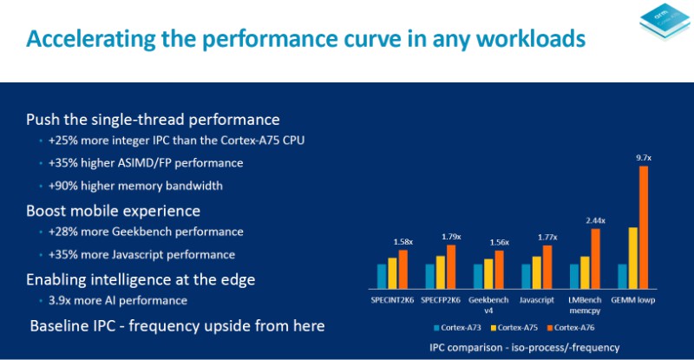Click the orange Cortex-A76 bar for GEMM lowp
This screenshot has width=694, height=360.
click(x=643, y=227)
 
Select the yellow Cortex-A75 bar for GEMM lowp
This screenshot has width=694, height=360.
click(x=633, y=258)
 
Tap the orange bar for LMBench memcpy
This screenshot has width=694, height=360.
click(x=595, y=258)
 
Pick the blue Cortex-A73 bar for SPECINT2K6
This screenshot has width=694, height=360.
click(x=382, y=276)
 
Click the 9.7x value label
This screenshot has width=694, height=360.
click(x=643, y=158)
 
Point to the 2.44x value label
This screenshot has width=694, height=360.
click(x=595, y=220)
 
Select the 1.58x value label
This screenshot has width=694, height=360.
click(x=403, y=241)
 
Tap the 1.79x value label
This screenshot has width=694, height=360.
click(x=451, y=236)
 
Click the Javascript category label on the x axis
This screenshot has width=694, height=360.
click(x=536, y=299)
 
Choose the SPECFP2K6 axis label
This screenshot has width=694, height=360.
click(x=440, y=299)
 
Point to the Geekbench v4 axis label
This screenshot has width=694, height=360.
click(x=488, y=304)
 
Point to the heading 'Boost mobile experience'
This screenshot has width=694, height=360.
click(x=114, y=211)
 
